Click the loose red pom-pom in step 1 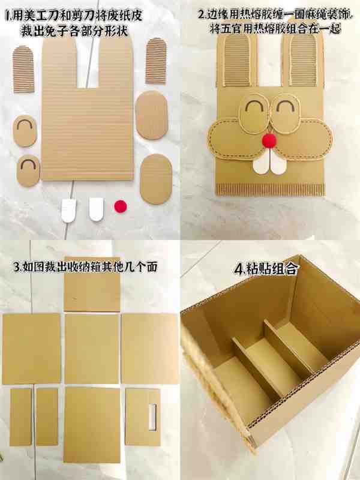[x=121, y=206]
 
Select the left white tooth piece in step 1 [x=68, y=210]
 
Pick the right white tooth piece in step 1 [x=97, y=209]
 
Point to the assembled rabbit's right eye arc [x=286, y=106]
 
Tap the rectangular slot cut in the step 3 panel [x=152, y=416]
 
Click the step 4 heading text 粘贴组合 [x=266, y=269]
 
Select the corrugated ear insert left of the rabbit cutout [x=23, y=69]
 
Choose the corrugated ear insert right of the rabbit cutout [x=156, y=61]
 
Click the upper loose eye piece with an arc [x=25, y=131]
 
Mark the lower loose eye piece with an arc [x=28, y=170]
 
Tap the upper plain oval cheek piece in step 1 [x=152, y=115]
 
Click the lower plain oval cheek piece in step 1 [x=156, y=179]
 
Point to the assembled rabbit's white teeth [x=269, y=162]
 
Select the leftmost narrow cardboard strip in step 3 [x=21, y=417]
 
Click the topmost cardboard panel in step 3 [x=92, y=284]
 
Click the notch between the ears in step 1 [x=88, y=64]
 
